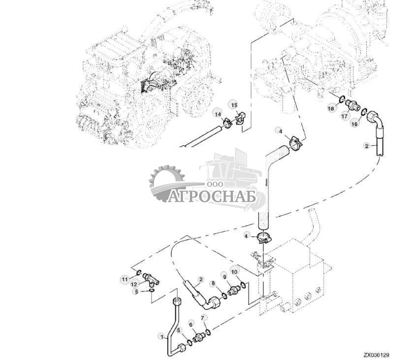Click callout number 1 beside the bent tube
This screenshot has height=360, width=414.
point(160,337)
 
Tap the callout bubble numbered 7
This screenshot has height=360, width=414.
point(203,317)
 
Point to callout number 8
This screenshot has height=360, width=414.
point(213,284)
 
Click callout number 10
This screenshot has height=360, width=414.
point(234,272)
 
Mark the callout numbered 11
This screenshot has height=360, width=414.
point(125,280)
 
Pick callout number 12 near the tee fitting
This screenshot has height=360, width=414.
point(134,285)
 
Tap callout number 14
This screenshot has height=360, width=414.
point(217,114)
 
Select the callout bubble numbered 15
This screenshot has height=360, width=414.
point(234,105)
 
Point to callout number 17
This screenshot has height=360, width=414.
point(345,117)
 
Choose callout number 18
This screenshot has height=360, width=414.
point(331,108)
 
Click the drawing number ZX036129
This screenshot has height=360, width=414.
point(377,354)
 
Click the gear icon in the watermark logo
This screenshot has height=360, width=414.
point(166,182)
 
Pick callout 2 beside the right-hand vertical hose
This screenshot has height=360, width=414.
point(366,146)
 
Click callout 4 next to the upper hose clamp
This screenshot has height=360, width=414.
point(280,131)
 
